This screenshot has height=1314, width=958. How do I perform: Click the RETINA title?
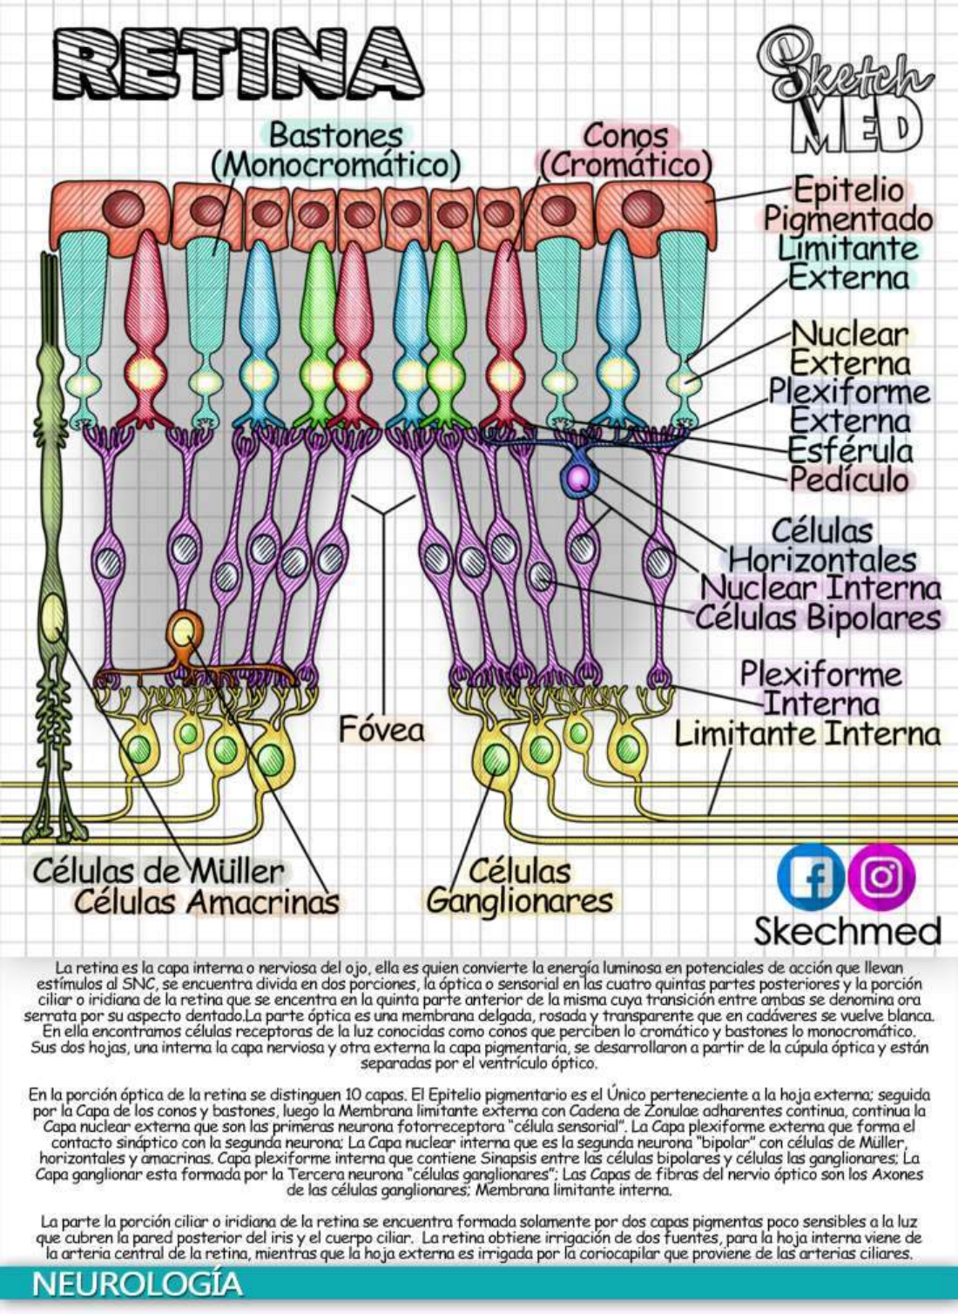point(237,63)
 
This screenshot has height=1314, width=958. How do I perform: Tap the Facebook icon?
point(809,877)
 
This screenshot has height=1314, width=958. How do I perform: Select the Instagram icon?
point(881,877)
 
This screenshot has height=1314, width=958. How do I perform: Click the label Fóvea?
point(381,730)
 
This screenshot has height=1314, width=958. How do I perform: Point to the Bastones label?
point(335,136)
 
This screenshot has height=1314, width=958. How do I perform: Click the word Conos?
point(625,136)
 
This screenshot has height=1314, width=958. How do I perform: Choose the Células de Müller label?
point(159,871)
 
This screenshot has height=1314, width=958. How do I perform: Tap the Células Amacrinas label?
point(206,902)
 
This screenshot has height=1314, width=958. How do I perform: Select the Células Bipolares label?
point(819,617)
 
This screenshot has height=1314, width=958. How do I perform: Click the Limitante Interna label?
point(807,734)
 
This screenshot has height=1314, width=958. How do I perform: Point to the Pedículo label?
point(849,479)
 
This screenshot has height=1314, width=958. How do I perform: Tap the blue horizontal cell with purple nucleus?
point(577,477)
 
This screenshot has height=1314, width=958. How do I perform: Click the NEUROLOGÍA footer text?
point(138,1284)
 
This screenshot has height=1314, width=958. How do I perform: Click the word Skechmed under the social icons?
point(847,931)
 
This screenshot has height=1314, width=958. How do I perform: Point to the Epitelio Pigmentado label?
point(848,205)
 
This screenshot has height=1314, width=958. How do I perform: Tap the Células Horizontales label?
point(821,545)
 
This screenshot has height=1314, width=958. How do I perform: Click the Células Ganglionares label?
point(520,886)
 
